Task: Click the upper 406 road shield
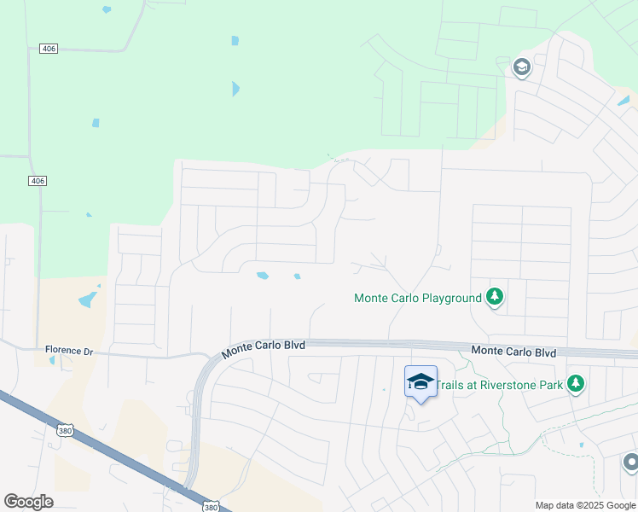click(49, 49)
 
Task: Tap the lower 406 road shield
click(37, 181)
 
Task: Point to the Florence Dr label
click(69, 351)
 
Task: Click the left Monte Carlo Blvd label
click(262, 346)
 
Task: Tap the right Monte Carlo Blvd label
click(513, 352)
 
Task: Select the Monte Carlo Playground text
click(418, 298)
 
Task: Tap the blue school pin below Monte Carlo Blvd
click(420, 381)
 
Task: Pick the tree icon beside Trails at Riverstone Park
click(577, 384)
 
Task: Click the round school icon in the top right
click(521, 66)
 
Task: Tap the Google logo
click(28, 502)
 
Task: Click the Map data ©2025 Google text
click(584, 505)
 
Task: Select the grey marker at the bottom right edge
click(631, 463)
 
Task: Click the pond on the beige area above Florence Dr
click(87, 300)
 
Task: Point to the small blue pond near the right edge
click(623, 101)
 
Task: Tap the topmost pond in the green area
click(107, 9)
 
